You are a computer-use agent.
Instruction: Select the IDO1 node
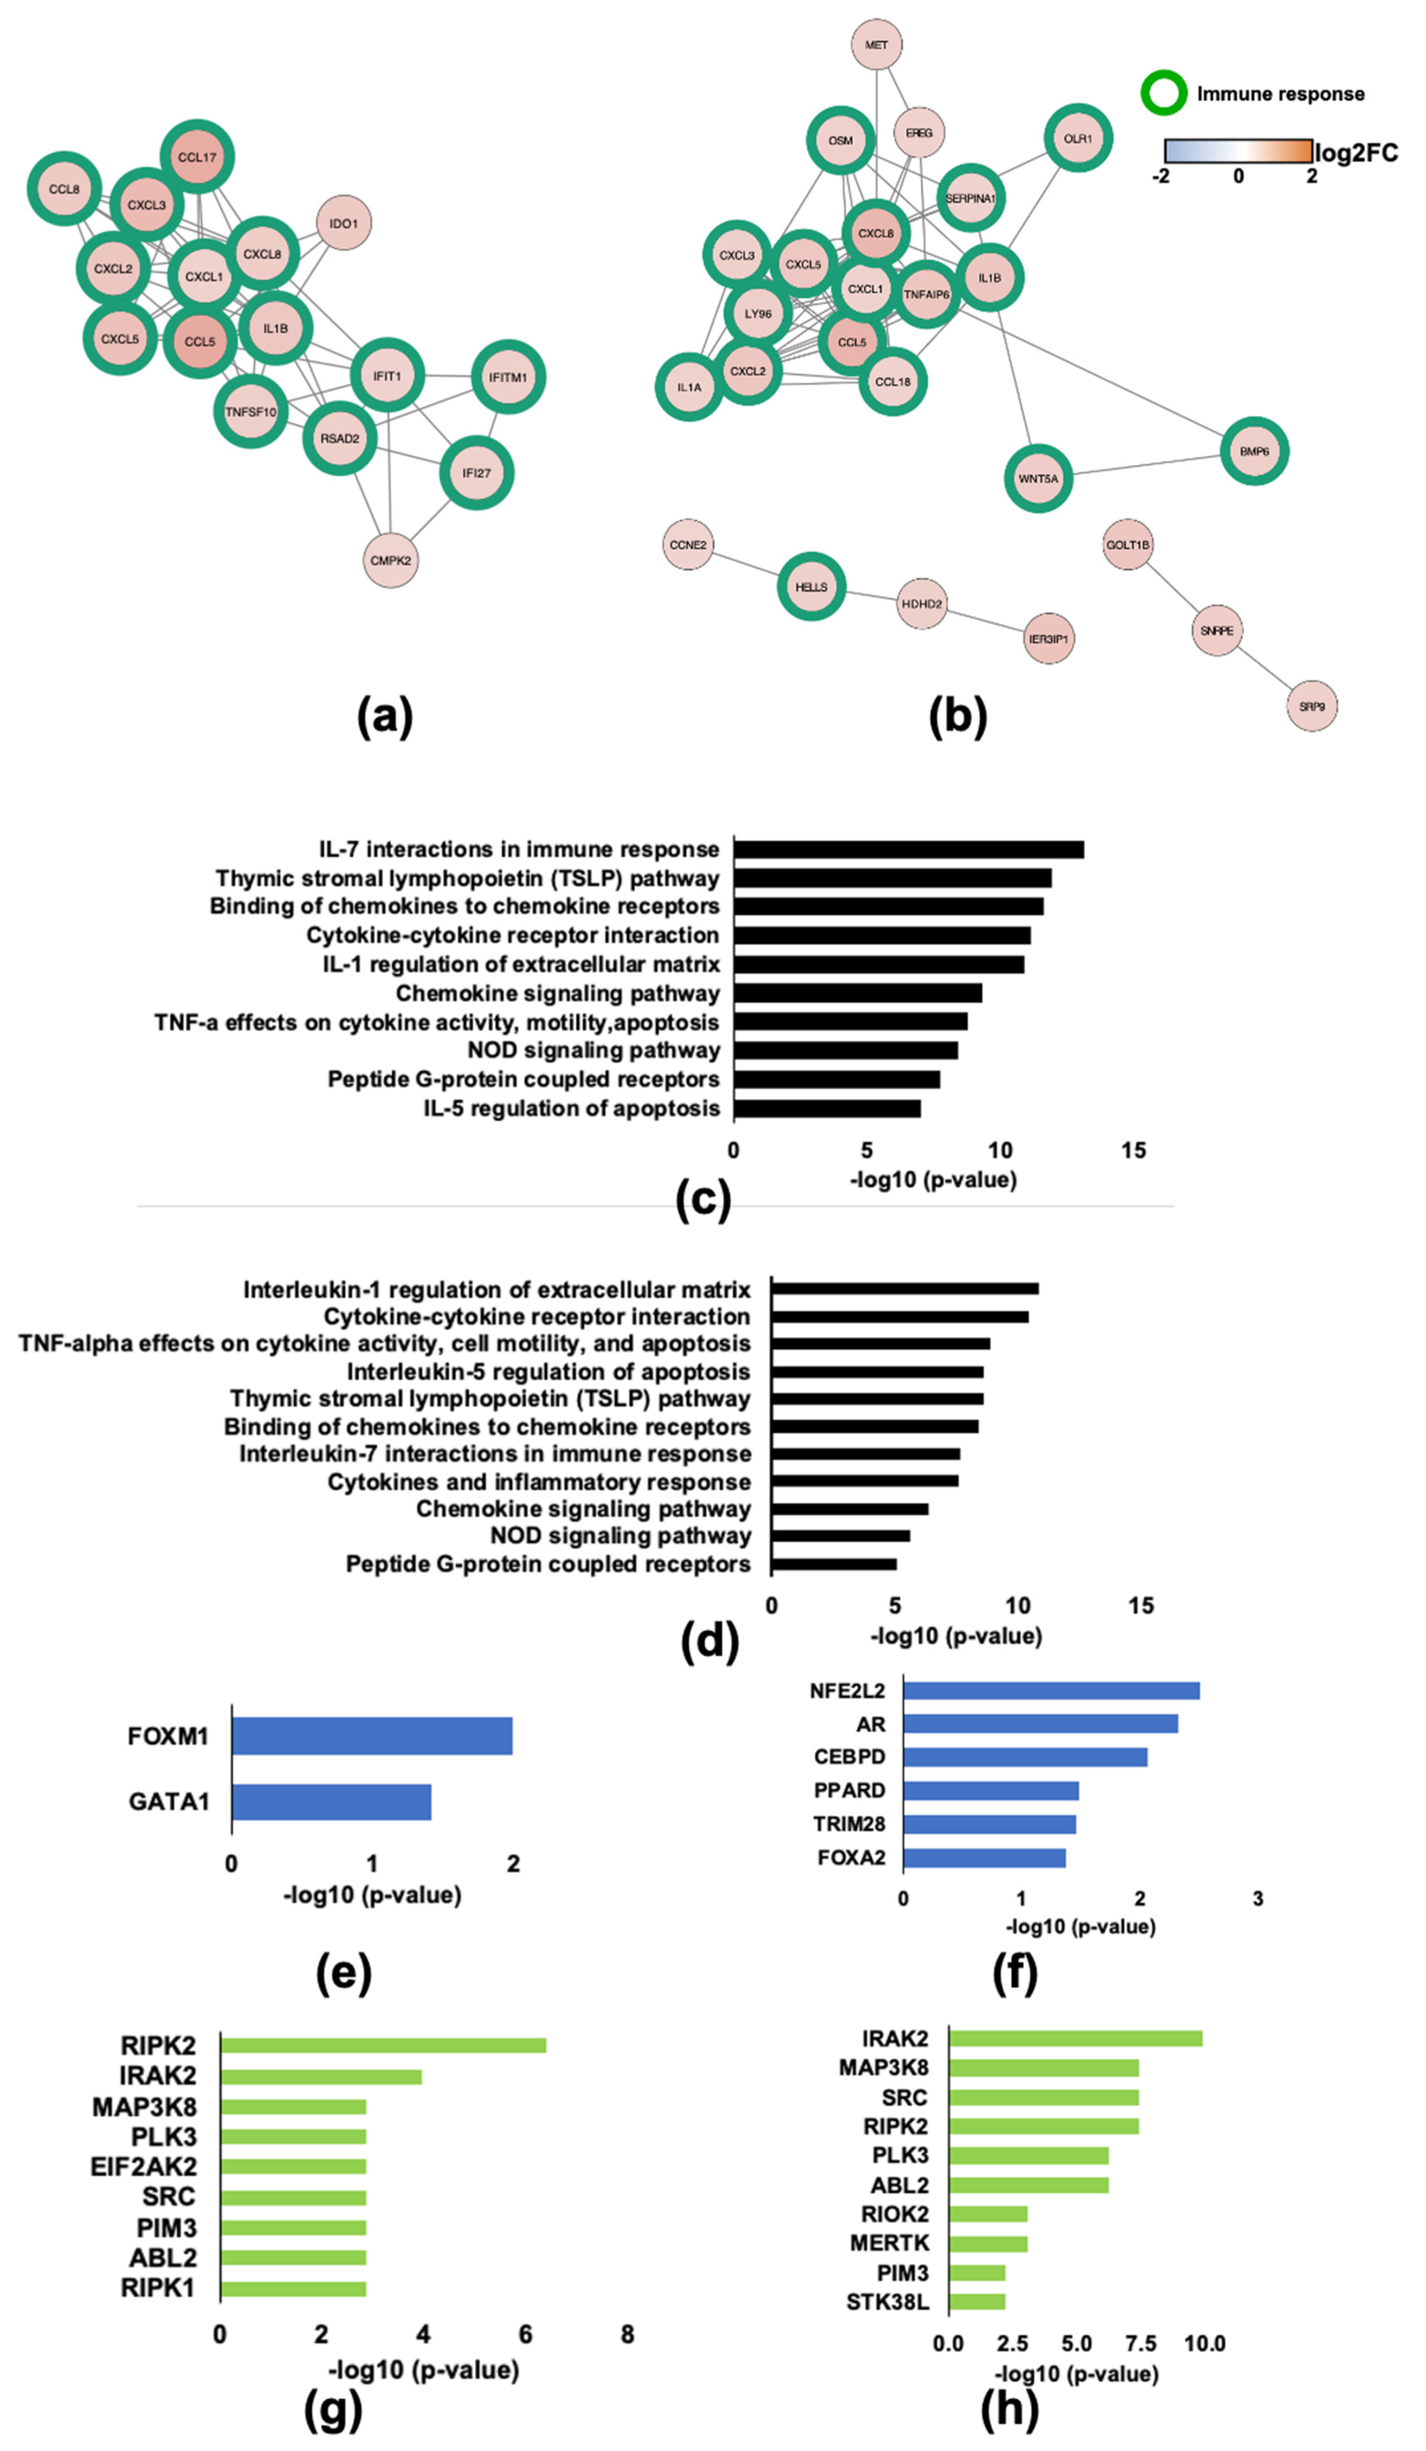coord(344,223)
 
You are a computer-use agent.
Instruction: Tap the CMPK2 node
coord(390,560)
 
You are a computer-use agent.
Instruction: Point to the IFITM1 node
coord(508,376)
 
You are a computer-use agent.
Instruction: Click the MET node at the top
coord(876,45)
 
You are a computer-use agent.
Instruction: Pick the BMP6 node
coord(1254,451)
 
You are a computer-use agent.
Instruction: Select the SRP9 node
coord(1311,706)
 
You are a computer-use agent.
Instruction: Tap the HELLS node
coord(811,586)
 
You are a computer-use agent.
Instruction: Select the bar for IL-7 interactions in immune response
coord(909,849)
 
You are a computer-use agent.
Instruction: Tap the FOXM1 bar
coord(372,1736)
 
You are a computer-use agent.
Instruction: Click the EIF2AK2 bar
coord(293,2166)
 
